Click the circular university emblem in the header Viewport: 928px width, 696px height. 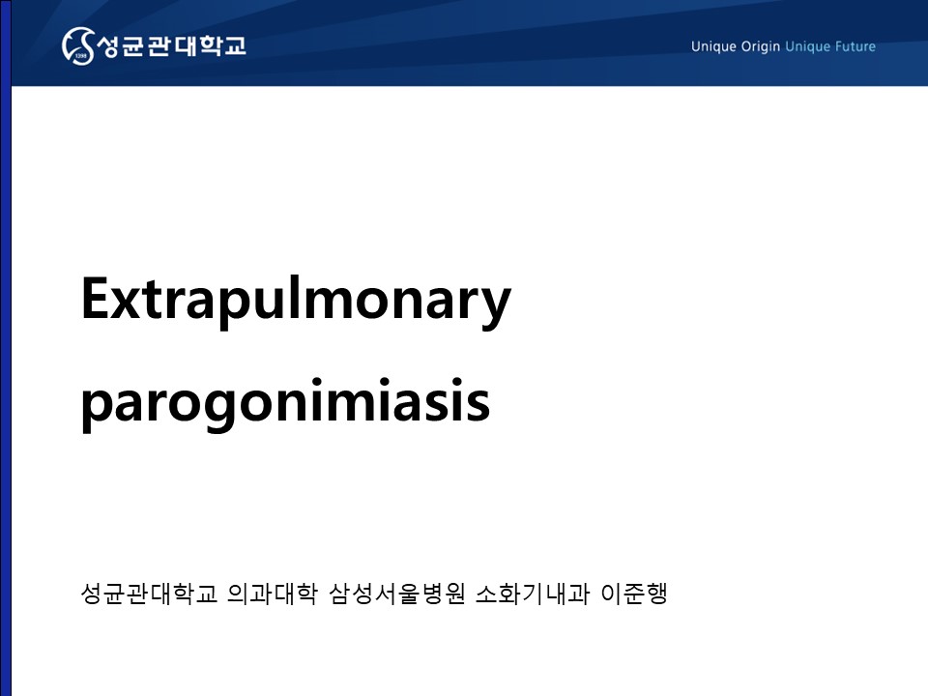[78, 45]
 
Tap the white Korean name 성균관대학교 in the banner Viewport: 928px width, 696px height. [171, 45]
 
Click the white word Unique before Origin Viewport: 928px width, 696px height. [713, 46]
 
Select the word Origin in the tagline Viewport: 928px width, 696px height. [761, 46]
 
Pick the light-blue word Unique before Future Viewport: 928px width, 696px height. [808, 46]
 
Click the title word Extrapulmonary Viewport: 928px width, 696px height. [296, 300]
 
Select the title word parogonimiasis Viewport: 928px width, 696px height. [285, 402]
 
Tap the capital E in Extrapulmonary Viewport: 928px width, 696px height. [95, 299]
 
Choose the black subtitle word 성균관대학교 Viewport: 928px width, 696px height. [149, 593]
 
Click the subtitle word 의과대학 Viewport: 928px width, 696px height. [273, 593]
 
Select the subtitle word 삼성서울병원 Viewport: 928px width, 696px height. [397, 593]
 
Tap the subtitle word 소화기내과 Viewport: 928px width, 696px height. [533, 593]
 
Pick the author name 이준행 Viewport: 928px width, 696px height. [634, 593]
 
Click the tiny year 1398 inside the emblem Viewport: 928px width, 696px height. [81, 56]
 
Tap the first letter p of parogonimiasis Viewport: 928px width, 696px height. [96, 407]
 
